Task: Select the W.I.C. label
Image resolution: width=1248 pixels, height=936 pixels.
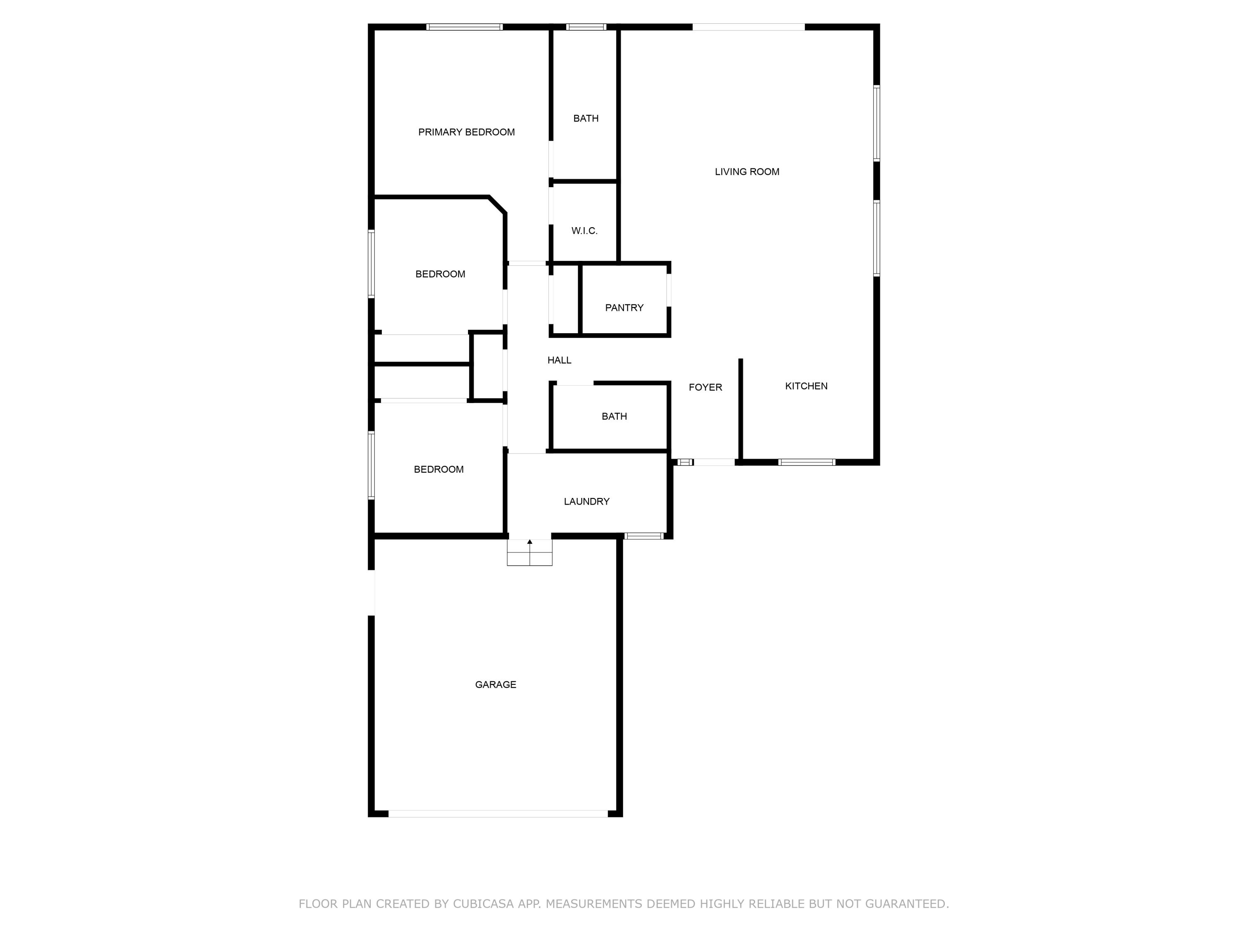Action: (x=584, y=231)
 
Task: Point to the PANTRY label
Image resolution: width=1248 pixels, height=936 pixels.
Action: (x=624, y=307)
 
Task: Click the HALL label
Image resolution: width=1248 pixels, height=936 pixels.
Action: (x=559, y=360)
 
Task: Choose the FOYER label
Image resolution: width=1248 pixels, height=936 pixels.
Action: (x=705, y=387)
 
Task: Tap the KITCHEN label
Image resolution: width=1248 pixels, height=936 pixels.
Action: (x=806, y=386)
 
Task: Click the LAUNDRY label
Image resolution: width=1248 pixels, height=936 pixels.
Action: (x=586, y=501)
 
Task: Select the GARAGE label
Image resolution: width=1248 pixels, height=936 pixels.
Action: (x=495, y=684)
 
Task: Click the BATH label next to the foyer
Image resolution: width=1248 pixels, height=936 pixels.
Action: (x=614, y=416)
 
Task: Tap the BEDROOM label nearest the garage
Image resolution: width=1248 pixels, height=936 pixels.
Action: (x=438, y=469)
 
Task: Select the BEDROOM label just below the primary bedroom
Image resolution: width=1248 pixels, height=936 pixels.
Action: (x=440, y=274)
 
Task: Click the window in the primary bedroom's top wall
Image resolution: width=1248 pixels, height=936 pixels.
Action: (x=464, y=27)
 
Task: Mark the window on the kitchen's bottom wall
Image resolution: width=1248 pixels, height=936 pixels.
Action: (x=806, y=462)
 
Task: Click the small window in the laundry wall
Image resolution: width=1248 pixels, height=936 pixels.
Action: (x=643, y=535)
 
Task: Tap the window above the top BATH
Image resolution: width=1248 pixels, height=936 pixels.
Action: (x=586, y=27)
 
